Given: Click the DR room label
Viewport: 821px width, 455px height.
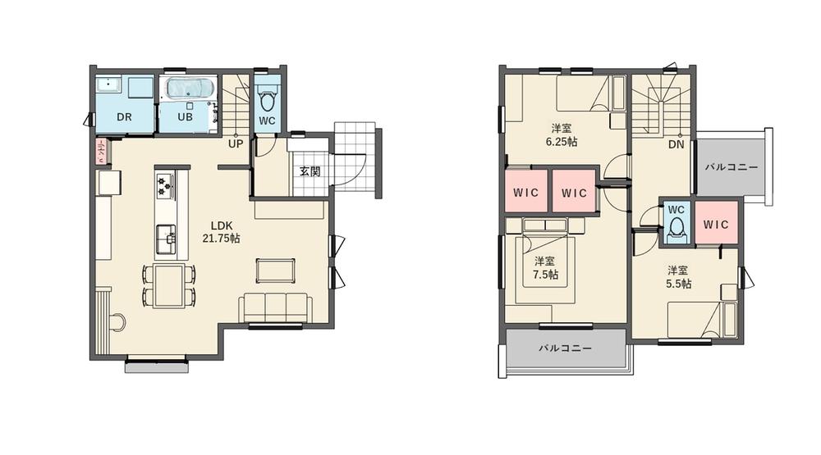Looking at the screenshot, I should pyautogui.click(x=124, y=117).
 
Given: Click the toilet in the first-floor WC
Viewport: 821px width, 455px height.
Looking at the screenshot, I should pyautogui.click(x=267, y=100).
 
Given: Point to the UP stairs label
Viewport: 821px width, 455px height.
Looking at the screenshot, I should pyautogui.click(x=236, y=143).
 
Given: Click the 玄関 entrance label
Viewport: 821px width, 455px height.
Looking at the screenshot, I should pyautogui.click(x=310, y=171).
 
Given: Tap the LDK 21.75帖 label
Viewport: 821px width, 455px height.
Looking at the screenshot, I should pyautogui.click(x=221, y=232).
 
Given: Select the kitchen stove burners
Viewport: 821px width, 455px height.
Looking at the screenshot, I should pyautogui.click(x=165, y=186).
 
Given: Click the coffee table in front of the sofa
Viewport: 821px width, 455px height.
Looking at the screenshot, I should pyautogui.click(x=275, y=270).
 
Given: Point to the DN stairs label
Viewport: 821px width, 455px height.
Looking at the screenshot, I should pyautogui.click(x=676, y=145).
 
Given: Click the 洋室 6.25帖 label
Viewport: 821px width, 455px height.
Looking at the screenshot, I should pyautogui.click(x=562, y=134).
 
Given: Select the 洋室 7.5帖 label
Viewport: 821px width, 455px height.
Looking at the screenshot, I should pyautogui.click(x=543, y=267).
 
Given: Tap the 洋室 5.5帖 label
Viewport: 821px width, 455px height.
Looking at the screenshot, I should pyautogui.click(x=678, y=276).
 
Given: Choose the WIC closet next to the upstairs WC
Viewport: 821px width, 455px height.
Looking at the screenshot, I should pyautogui.click(x=717, y=224).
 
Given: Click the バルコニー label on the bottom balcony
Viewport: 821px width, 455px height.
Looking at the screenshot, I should pyautogui.click(x=566, y=348).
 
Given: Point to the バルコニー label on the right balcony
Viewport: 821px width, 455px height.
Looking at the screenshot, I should pyautogui.click(x=732, y=166).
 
